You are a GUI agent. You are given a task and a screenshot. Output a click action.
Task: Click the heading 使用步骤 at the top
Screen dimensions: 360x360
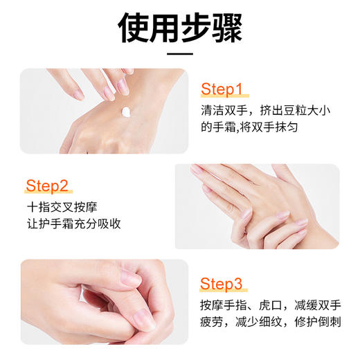click(180, 28)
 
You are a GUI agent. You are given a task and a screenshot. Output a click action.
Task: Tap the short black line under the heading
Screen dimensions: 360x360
click(180, 53)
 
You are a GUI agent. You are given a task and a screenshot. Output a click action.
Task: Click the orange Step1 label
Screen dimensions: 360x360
click(222, 89)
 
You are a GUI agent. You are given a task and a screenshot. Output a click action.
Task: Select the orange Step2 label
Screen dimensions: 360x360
click(47, 186)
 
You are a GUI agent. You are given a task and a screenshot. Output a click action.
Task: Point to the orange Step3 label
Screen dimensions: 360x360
click(222, 283)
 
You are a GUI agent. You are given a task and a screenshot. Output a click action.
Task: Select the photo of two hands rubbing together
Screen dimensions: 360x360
click(256, 206)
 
